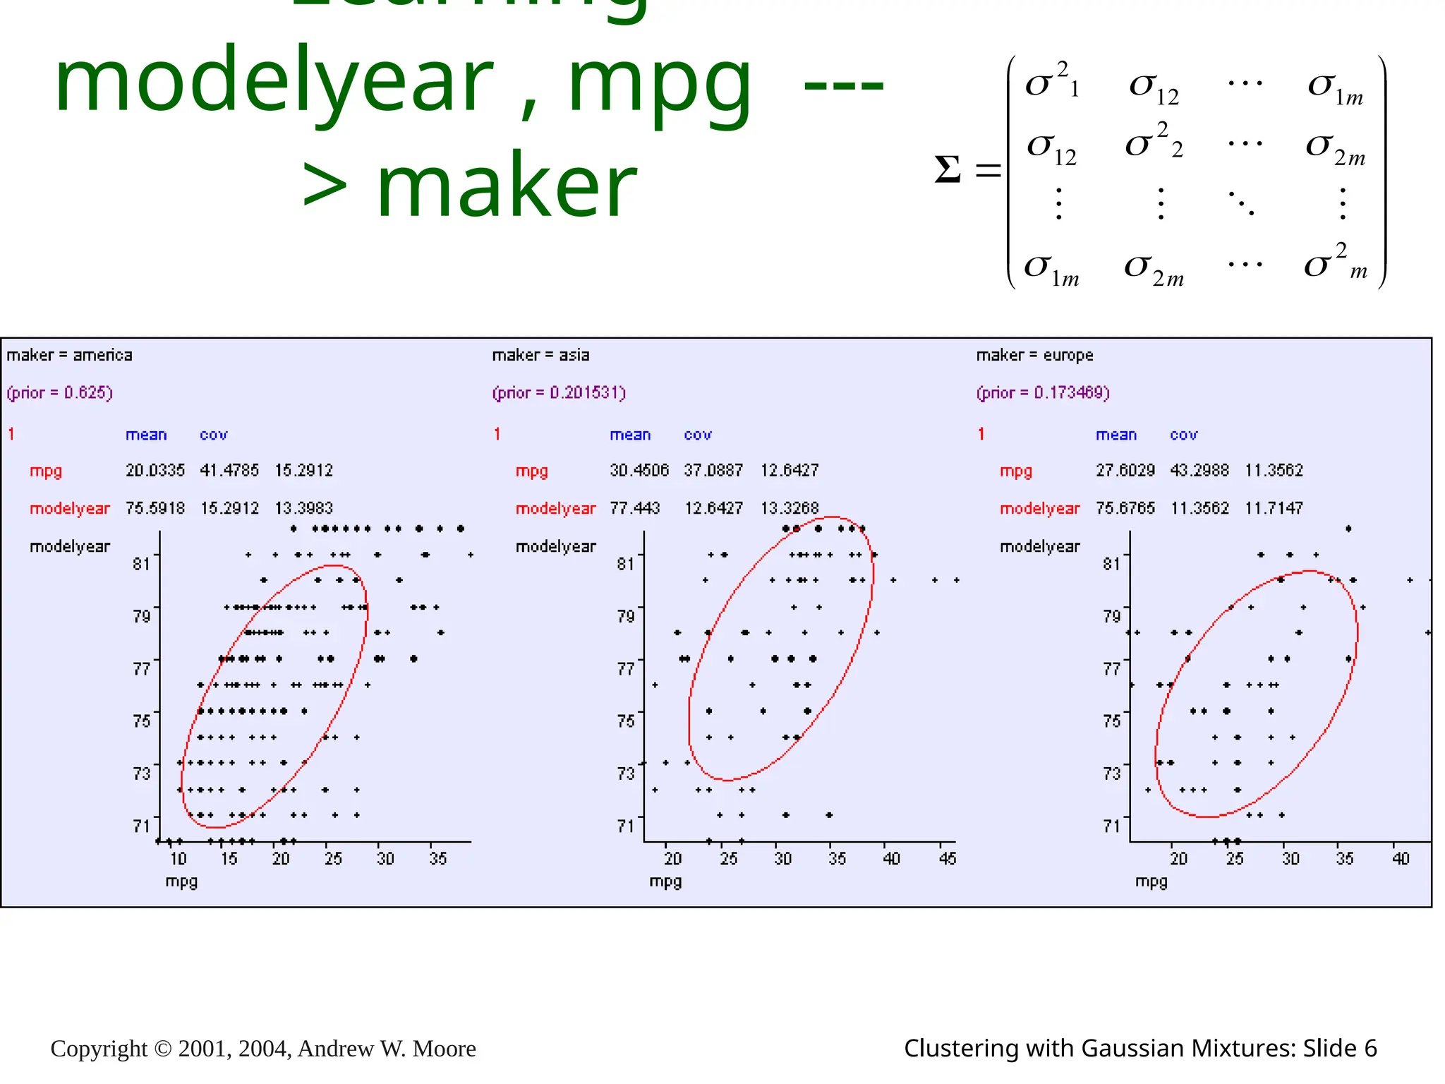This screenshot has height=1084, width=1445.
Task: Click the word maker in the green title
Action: [507, 188]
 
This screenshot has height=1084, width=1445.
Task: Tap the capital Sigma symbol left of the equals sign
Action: [948, 170]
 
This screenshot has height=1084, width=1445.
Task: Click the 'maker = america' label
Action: [69, 355]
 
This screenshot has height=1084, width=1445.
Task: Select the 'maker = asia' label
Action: [540, 355]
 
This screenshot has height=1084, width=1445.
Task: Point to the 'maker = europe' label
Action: [1034, 355]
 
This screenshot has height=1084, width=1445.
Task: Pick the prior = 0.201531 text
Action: [559, 392]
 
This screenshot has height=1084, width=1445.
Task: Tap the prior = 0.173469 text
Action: [1043, 392]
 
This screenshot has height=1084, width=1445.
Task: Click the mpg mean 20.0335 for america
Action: [155, 470]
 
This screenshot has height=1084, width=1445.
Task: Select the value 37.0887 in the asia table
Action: [713, 470]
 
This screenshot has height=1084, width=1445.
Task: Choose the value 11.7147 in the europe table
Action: [1274, 508]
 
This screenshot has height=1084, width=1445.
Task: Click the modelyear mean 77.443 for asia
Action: [635, 508]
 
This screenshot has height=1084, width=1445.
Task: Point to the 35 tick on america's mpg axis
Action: [438, 859]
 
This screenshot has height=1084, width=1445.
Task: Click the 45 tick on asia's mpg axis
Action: [948, 859]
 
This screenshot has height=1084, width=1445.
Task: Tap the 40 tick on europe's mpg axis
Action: [1401, 859]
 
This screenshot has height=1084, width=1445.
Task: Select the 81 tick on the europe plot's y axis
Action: [1111, 564]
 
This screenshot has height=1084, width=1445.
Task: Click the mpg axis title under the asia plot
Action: [665, 881]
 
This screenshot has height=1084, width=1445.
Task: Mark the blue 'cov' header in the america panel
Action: [213, 435]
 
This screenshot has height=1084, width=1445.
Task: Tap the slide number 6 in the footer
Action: [1370, 1049]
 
